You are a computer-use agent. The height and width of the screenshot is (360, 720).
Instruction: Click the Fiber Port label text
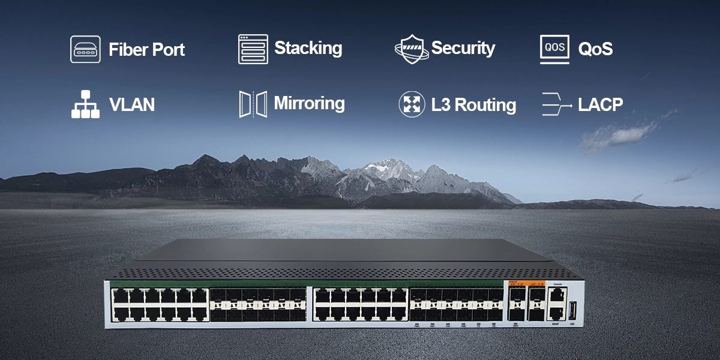[146, 50]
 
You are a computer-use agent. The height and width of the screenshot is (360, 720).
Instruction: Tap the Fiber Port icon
[85, 49]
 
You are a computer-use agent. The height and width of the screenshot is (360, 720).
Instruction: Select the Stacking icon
[253, 49]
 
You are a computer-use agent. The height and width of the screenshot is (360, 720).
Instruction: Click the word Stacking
[308, 48]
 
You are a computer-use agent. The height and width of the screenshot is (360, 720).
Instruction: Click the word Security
[463, 49]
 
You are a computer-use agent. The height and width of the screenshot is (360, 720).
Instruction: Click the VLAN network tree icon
[85, 104]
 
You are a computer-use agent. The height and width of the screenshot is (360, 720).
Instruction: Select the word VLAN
[131, 105]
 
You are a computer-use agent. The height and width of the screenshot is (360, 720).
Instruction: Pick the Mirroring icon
[253, 104]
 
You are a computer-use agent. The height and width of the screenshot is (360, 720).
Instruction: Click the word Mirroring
[309, 104]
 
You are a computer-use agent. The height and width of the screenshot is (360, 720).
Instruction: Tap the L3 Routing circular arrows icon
[412, 104]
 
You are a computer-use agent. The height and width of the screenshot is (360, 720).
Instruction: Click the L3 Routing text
[473, 105]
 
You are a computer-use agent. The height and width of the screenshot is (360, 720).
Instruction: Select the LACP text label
[600, 105]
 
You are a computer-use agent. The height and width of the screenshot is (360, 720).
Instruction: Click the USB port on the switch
[573, 310]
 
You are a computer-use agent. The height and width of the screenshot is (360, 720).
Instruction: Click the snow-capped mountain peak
[384, 165]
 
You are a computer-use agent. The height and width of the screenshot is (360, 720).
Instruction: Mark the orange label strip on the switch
[527, 283]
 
